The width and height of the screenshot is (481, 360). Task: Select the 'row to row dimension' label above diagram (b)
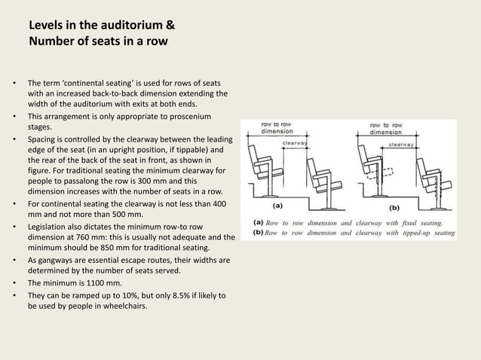click(385, 129)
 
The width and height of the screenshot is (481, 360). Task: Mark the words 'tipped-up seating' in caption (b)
click(428, 233)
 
